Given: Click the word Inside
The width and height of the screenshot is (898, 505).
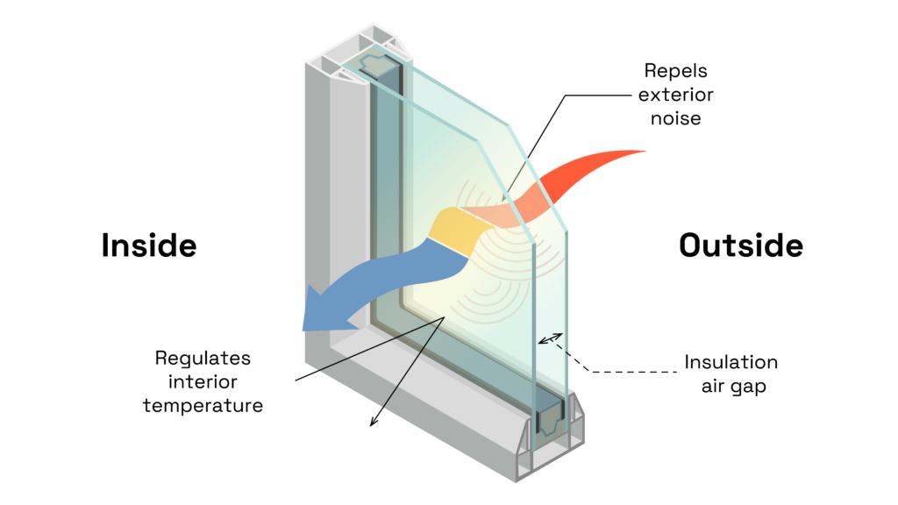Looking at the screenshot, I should [x=149, y=245].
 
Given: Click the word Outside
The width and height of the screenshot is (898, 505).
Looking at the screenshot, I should [x=741, y=245].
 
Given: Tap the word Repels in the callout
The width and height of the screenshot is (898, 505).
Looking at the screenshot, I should [x=674, y=69].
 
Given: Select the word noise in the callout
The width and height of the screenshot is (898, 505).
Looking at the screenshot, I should [x=675, y=117].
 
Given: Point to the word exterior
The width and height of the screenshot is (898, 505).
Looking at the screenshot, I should [x=675, y=94].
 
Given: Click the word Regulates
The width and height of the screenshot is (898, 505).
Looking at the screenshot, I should [x=203, y=358].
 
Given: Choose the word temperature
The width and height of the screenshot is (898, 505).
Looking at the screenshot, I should [x=203, y=405].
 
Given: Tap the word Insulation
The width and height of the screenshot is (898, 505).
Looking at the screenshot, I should [x=731, y=362].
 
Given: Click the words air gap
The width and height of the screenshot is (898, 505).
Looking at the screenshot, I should [x=731, y=386].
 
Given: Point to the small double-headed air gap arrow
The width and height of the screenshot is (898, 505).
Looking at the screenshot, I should [x=551, y=339].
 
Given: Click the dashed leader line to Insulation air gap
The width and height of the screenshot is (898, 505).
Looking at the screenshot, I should [x=614, y=371].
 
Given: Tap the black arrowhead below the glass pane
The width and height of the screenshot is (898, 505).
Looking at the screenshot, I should [x=372, y=422].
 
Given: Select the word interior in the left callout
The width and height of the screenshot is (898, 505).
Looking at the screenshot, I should [x=203, y=381].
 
